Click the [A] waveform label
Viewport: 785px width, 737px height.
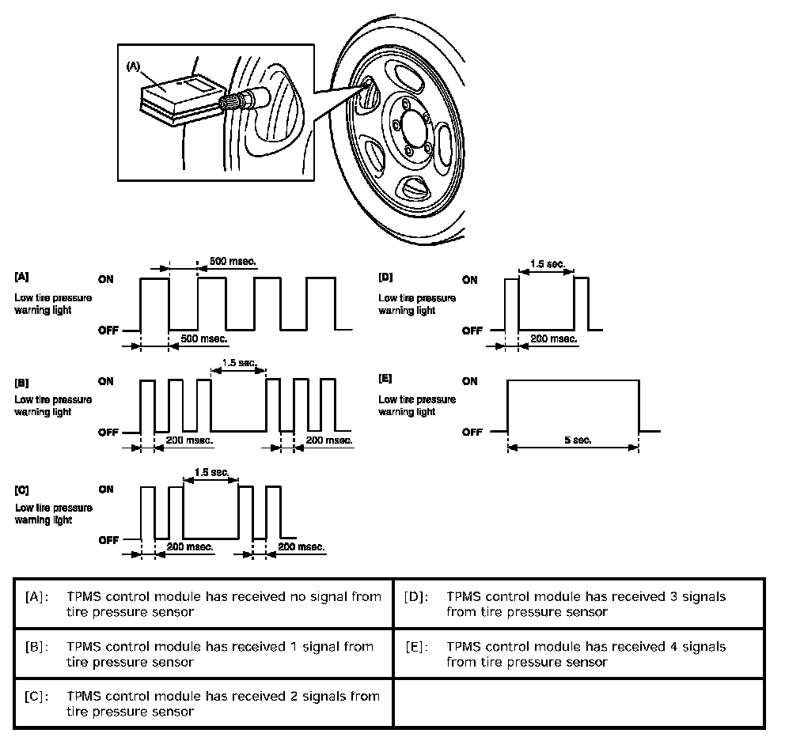tap(22, 278)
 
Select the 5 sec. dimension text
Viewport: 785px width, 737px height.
tap(574, 440)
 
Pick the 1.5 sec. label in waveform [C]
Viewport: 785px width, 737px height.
tap(210, 472)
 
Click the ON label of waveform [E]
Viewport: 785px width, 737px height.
tap(470, 381)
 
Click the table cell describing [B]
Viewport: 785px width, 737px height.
tap(203, 654)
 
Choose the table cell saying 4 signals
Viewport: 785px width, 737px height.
tap(579, 654)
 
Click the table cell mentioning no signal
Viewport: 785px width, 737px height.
tap(203, 604)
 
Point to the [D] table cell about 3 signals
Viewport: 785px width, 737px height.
tap(579, 604)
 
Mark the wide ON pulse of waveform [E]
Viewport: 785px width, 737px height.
tap(573, 406)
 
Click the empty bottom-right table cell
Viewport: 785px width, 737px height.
tap(579, 703)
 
